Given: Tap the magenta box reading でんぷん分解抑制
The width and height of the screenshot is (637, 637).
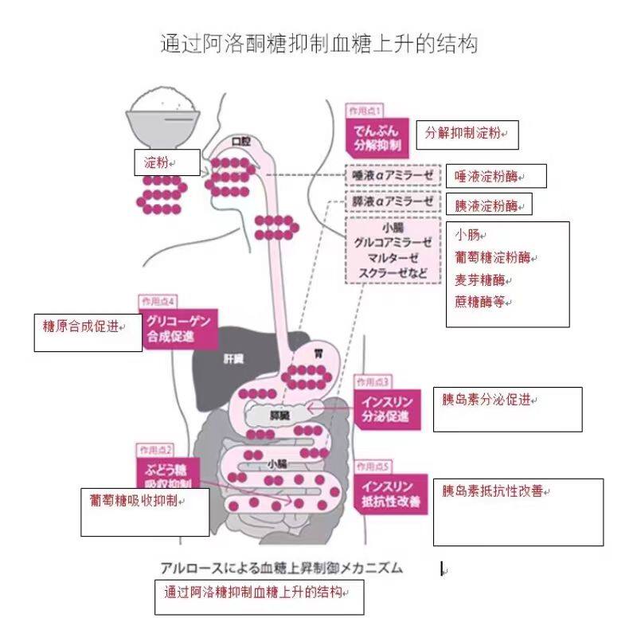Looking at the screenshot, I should pos(377,136).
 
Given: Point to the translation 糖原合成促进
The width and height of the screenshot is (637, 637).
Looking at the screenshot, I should pos(81,326).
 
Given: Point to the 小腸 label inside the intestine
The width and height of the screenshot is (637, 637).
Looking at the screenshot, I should pos(277,463).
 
